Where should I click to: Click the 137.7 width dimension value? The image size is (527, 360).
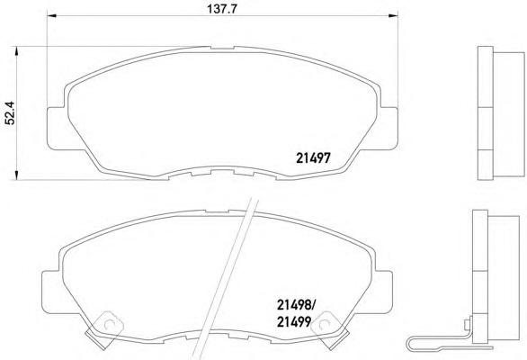[222, 9]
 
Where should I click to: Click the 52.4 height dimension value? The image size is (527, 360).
[10, 112]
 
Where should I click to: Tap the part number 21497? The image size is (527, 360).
[313, 157]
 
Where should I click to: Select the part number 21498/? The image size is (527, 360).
[296, 305]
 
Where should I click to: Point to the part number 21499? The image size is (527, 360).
[294, 322]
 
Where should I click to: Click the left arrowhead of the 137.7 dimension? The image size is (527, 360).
[51, 15]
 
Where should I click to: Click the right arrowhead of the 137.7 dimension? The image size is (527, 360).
[393, 15]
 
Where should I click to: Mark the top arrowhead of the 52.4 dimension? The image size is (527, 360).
[15, 51]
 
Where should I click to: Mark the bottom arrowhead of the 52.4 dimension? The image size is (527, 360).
[15, 175]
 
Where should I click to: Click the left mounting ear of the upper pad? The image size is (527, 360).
[58, 128]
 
